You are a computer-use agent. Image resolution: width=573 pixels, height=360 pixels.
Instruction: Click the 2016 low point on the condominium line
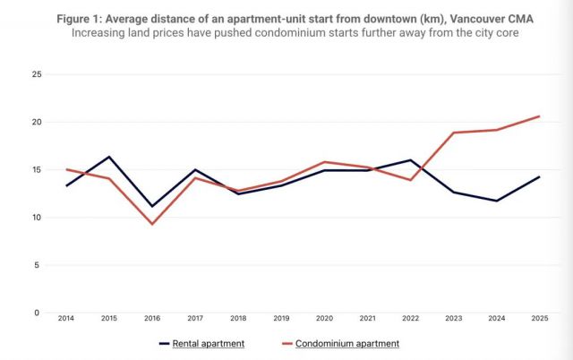152,224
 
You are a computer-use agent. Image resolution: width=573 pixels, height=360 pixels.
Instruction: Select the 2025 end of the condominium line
539,116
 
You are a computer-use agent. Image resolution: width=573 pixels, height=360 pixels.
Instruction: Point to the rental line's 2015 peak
109,157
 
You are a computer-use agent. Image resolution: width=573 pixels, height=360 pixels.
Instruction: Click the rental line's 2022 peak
410,160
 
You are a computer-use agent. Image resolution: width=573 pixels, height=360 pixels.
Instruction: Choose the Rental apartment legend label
210,343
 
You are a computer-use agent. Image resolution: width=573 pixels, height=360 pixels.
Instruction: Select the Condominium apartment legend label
349,343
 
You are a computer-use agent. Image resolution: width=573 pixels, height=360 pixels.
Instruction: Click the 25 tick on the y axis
36,74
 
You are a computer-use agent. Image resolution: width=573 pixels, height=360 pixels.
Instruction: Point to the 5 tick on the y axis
38,265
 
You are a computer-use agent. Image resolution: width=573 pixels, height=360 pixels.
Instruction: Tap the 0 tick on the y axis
38,313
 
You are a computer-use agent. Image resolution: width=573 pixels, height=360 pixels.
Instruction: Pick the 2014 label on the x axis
66,319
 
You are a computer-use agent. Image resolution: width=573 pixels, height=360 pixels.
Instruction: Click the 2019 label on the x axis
281,319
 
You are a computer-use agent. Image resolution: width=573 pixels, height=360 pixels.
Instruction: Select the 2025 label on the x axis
539,319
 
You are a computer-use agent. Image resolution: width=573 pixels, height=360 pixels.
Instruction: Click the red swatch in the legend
287,343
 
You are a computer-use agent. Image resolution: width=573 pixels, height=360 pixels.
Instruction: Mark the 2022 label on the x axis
410,319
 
